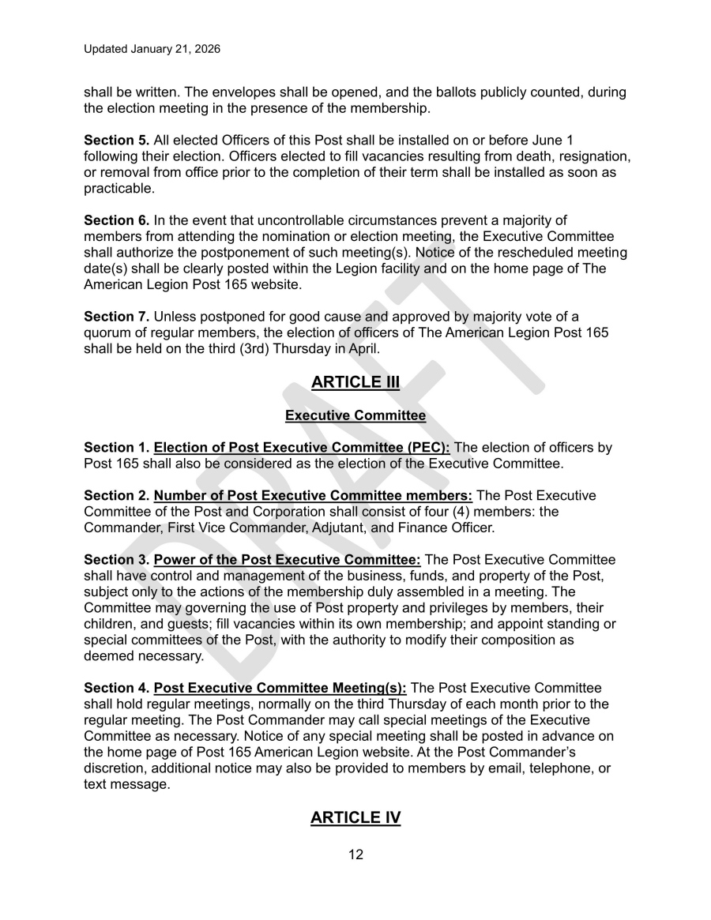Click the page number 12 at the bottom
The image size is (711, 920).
click(x=355, y=854)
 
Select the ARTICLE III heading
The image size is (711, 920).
click(x=355, y=382)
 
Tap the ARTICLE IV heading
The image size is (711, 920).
click(x=355, y=817)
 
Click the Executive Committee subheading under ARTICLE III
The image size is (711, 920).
click(x=355, y=415)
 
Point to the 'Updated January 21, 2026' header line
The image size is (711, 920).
click(x=152, y=49)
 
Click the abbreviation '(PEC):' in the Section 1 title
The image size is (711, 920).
click(x=424, y=448)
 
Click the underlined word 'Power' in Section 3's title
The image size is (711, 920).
click(x=174, y=560)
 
